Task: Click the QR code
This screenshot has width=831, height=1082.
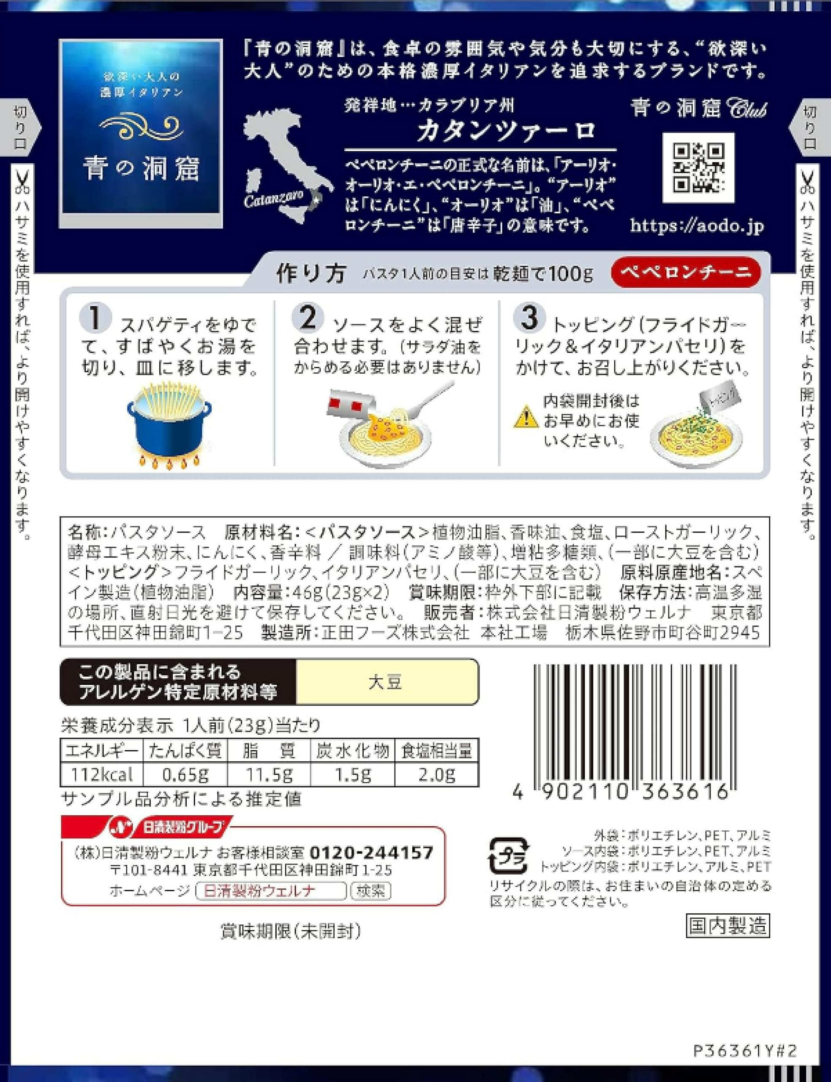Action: pos(698,168)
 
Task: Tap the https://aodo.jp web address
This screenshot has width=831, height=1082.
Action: pos(697,226)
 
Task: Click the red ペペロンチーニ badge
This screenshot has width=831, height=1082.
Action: pos(686,272)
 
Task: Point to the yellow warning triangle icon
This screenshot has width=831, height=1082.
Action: pos(526,417)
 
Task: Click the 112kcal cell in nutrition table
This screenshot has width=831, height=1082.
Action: pos(101,774)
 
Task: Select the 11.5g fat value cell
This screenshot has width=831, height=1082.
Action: pos(269,774)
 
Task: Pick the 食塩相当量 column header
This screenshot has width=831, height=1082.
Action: pos(437,751)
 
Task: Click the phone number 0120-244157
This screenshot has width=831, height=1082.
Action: pos(371,852)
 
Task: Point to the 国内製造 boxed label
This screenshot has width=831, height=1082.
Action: pos(727,925)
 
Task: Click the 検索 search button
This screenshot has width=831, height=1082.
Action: pos(371,891)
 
